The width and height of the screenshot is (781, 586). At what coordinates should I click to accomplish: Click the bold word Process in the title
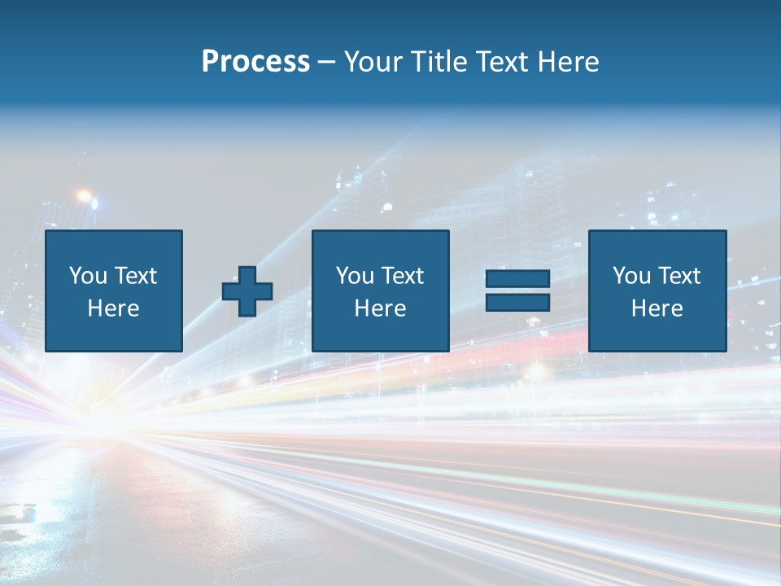click(x=255, y=61)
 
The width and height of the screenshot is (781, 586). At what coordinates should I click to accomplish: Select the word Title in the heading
click(x=439, y=61)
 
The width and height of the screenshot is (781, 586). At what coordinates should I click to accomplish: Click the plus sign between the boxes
click(x=247, y=291)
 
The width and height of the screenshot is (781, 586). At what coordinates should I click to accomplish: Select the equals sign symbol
click(x=517, y=291)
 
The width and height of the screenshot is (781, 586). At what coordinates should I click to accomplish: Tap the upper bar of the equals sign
click(x=517, y=279)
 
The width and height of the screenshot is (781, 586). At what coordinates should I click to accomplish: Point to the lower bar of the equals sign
click(x=517, y=302)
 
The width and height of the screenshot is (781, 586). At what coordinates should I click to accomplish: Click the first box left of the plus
click(x=114, y=291)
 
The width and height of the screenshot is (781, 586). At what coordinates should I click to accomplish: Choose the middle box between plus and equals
click(x=380, y=291)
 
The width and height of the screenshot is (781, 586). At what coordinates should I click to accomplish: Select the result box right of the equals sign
click(x=657, y=291)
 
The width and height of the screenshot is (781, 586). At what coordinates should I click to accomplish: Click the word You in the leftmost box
click(x=88, y=276)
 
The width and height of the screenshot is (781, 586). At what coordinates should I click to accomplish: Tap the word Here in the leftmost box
click(x=113, y=308)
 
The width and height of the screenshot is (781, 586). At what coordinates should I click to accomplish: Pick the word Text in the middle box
click(x=402, y=276)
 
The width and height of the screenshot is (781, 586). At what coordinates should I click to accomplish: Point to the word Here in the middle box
click(x=380, y=308)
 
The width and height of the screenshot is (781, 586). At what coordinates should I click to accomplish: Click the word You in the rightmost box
click(x=631, y=276)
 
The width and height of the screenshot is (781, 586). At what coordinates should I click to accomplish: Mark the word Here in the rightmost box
click(x=657, y=308)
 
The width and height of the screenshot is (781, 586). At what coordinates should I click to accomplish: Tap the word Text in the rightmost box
click(x=678, y=276)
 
